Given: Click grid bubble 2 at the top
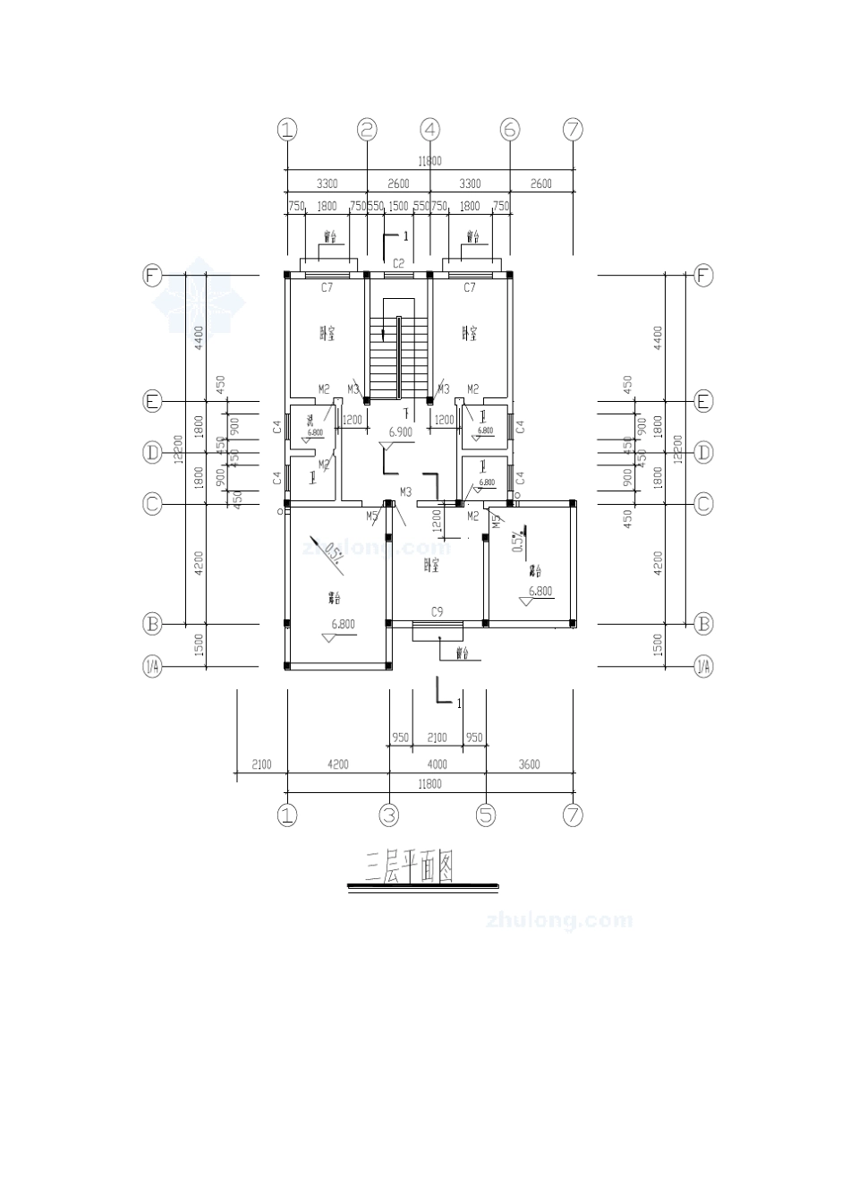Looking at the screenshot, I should click(367, 130).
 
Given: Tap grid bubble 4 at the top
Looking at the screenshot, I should click(431, 130).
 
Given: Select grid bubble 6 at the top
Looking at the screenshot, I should click(509, 130).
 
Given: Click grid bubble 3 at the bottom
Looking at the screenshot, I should click(388, 815).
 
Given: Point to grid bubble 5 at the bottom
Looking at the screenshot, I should click(486, 815).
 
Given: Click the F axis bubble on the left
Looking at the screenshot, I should click(153, 275).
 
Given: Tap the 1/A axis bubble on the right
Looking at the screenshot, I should click(704, 665).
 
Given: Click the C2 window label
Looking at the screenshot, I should click(399, 264).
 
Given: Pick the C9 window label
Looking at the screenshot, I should click(438, 612).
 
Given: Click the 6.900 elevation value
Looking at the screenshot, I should click(400, 431).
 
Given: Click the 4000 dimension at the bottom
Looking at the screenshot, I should click(437, 764).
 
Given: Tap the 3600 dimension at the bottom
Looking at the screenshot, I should click(530, 764).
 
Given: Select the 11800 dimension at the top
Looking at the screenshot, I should click(429, 161).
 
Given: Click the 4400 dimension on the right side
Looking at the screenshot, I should click(658, 337).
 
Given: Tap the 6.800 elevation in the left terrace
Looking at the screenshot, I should click(344, 624).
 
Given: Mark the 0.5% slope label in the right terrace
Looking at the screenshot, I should click(516, 542).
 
